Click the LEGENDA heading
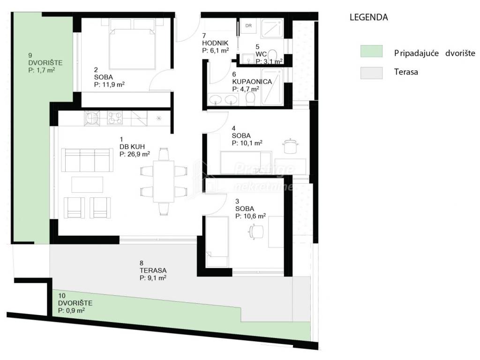point(368,17)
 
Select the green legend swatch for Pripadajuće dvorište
point(371,51)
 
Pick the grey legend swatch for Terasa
point(371,73)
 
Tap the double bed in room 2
point(131,44)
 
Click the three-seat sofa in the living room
point(87,160)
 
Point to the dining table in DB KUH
point(164,181)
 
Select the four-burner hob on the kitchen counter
point(115,118)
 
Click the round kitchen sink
point(92,118)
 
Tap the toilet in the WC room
point(272,55)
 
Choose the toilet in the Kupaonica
point(250,98)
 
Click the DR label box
point(248,26)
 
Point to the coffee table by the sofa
point(87,185)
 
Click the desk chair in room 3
point(256,231)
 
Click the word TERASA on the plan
point(153,270)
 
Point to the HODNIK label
point(215,43)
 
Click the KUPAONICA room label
point(252,82)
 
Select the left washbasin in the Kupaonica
point(217,99)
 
